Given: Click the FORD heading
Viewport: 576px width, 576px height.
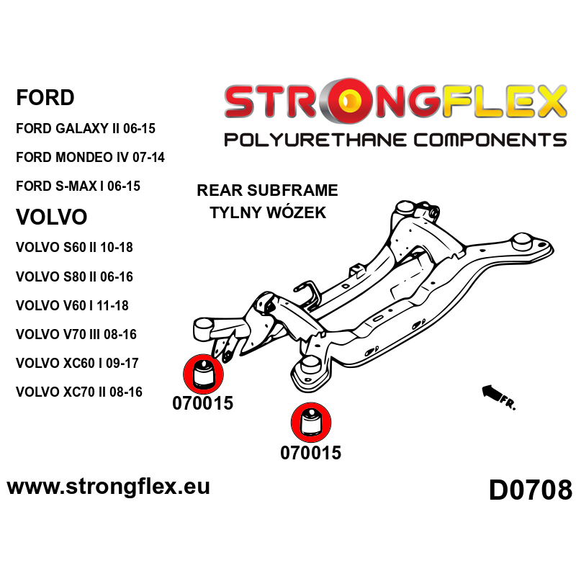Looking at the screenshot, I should coord(45,97).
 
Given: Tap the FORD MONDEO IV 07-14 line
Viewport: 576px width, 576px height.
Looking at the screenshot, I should coord(90,157).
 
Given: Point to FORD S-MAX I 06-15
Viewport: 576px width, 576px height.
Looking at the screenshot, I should coord(78,186).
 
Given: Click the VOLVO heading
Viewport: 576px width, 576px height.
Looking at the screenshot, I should coord(51,217).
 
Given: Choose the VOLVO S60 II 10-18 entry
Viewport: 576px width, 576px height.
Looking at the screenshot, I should coord(74,248).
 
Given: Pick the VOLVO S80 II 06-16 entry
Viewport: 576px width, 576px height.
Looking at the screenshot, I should coord(74,276).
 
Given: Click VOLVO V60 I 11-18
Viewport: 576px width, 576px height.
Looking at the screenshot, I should coord(72,306).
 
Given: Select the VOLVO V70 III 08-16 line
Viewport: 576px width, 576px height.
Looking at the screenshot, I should coord(76,335).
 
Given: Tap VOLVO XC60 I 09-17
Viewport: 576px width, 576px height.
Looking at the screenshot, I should coord(77,364).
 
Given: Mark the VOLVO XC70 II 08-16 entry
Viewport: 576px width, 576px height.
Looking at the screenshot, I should coord(78,392).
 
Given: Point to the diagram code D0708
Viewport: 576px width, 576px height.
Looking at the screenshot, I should coord(530,490).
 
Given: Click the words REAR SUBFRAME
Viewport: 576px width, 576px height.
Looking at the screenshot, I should coord(267,191).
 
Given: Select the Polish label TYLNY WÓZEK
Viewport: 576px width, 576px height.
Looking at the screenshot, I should coord(267,212).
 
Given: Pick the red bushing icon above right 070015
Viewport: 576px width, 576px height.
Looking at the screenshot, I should coord(310,422).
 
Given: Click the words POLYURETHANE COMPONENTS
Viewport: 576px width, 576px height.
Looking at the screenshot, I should coord(395,139).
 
